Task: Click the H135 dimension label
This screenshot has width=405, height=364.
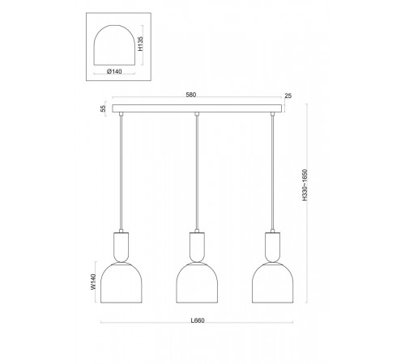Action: [x=140, y=44]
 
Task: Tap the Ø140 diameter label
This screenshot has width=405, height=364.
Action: [x=114, y=71]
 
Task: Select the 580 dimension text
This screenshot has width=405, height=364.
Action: [x=191, y=95]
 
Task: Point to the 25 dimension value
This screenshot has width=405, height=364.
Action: [x=288, y=95]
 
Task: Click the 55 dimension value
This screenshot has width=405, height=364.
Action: [x=103, y=108]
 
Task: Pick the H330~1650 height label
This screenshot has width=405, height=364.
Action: [x=305, y=184]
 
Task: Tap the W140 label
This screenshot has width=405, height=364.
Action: [x=93, y=281]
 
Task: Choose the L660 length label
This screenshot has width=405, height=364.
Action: [x=198, y=320]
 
